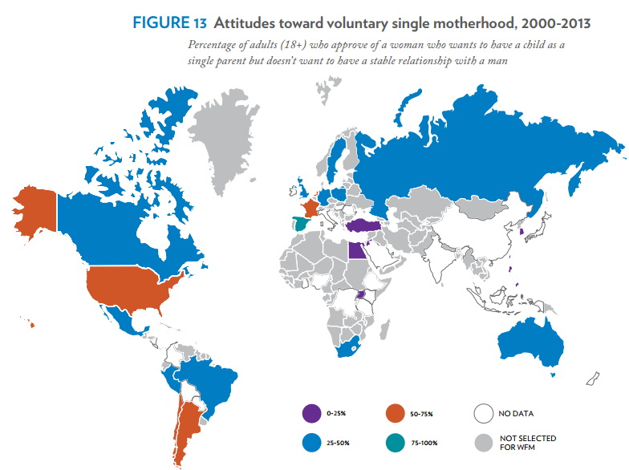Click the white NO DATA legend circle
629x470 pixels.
pyautogui.click(x=482, y=414)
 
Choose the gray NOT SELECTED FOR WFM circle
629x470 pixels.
pyautogui.click(x=482, y=442)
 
